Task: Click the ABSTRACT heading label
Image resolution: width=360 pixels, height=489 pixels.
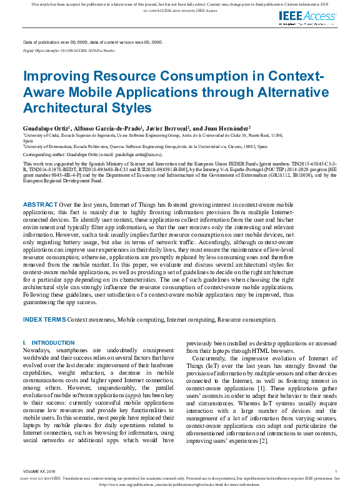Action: click(41, 187)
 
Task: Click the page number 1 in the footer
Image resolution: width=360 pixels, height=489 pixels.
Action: click(336, 472)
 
